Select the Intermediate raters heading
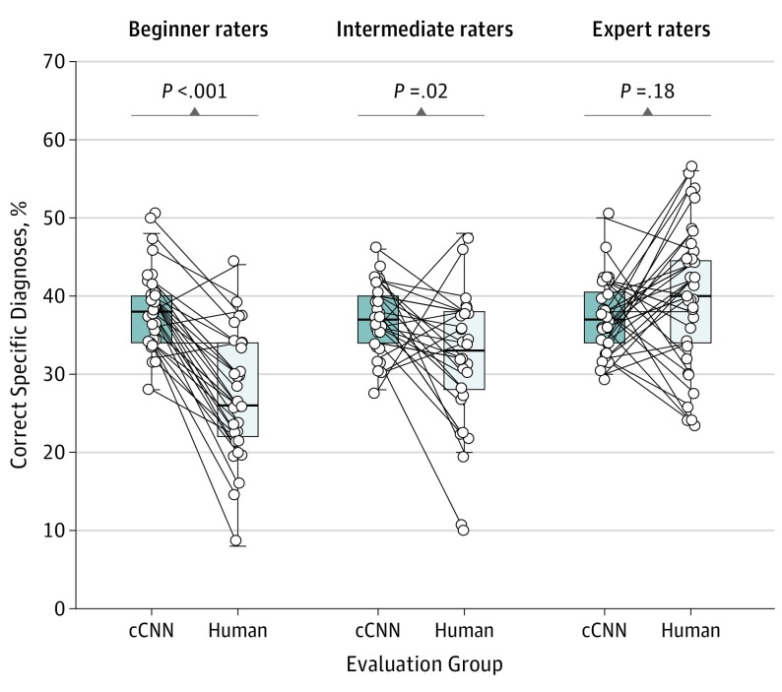(x=424, y=30)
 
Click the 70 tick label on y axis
(x=51, y=62)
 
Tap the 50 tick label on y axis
(x=51, y=218)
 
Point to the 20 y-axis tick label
(x=51, y=452)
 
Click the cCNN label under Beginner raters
(x=152, y=631)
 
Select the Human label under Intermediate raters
(x=463, y=631)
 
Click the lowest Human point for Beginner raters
(x=235, y=540)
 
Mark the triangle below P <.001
(x=195, y=112)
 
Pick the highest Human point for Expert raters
(x=691, y=167)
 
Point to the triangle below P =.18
(x=648, y=112)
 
